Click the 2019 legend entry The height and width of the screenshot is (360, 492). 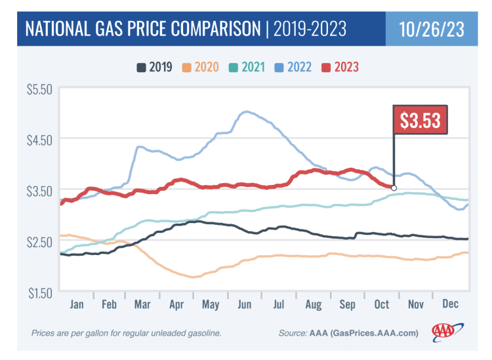(x=154, y=66)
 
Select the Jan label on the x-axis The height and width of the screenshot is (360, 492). (x=77, y=305)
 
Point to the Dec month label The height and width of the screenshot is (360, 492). (x=450, y=305)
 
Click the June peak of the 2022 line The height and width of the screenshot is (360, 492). (x=247, y=112)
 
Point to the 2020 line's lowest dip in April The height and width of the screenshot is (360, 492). (x=194, y=277)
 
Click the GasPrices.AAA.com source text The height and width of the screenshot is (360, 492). (x=381, y=333)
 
